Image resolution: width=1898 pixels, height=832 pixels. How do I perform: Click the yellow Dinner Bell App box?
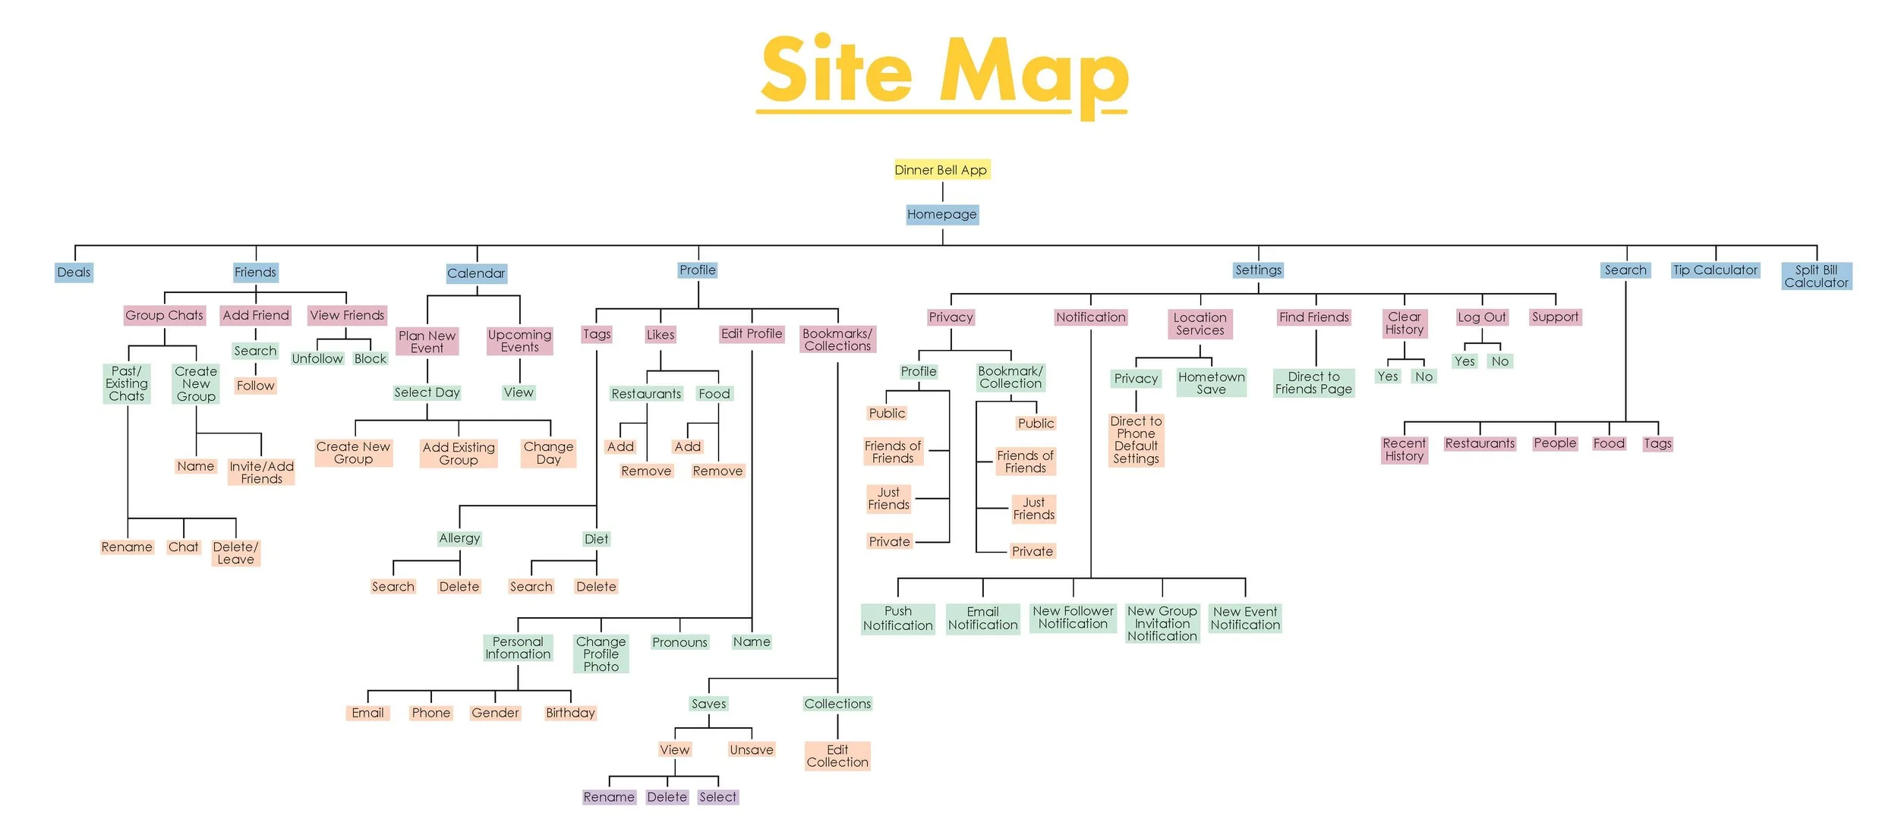[941, 170]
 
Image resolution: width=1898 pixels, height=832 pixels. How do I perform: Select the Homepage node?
[941, 214]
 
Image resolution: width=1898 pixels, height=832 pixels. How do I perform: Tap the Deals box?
[74, 273]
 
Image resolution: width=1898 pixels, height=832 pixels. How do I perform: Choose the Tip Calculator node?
[1715, 270]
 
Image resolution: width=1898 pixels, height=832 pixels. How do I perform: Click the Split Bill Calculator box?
[1816, 276]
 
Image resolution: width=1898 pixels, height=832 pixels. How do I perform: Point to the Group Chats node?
[164, 315]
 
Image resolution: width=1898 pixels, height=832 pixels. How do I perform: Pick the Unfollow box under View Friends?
[317, 358]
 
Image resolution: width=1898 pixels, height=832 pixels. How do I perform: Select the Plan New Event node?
[427, 342]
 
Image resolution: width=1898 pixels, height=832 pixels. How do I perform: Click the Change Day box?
[548, 453]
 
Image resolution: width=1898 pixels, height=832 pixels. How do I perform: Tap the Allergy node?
[459, 538]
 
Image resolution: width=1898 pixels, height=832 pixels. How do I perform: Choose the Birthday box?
[570, 713]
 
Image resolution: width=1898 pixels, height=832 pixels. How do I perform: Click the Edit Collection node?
[837, 756]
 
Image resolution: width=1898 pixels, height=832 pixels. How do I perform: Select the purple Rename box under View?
[609, 797]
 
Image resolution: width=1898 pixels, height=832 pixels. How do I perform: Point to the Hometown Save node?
[1211, 383]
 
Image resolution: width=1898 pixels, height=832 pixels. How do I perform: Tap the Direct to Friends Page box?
[1313, 383]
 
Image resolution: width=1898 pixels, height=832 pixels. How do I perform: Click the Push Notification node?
[897, 619]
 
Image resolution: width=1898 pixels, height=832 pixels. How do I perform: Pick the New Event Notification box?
[1245, 619]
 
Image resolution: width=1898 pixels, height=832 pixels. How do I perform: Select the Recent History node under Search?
[1404, 449]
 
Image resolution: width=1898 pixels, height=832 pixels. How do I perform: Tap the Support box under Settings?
[1554, 317]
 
